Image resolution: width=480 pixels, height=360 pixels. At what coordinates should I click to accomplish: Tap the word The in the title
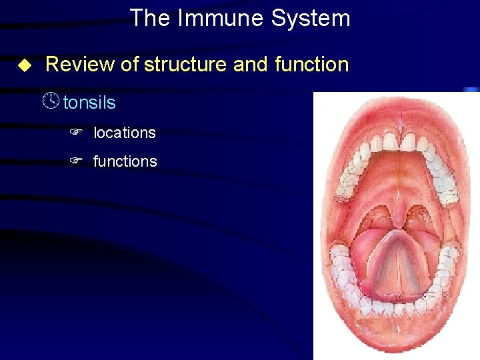tap(151, 18)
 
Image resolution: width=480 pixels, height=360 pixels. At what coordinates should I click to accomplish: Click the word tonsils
tap(89, 103)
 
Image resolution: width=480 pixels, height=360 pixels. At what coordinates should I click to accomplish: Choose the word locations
tap(125, 133)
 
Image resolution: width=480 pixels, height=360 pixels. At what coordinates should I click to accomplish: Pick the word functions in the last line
tap(125, 161)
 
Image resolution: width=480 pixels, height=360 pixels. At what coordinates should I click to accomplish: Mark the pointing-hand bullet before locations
tap(76, 133)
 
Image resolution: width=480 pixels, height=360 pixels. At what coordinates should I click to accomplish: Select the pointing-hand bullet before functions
tap(76, 161)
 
